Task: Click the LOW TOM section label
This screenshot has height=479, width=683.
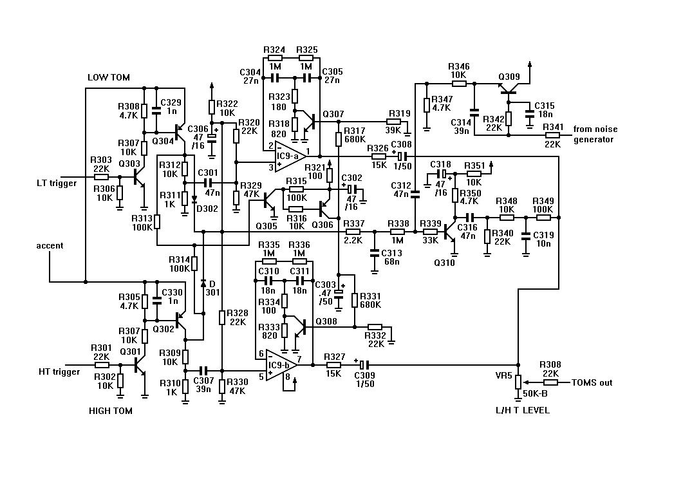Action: click(x=108, y=77)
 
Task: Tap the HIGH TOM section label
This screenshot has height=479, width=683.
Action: click(x=110, y=411)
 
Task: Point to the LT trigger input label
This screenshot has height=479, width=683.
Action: click(x=57, y=183)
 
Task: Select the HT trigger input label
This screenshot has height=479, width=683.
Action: click(x=59, y=371)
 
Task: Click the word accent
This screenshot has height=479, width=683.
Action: click(x=50, y=245)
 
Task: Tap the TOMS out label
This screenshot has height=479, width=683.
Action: click(x=592, y=383)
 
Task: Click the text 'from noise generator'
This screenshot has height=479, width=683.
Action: click(x=595, y=134)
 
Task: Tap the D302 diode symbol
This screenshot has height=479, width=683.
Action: click(x=194, y=199)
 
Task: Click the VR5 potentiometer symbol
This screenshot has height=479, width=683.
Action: click(x=518, y=382)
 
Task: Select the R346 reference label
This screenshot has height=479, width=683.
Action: click(x=459, y=66)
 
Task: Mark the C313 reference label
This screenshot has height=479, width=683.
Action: click(x=391, y=253)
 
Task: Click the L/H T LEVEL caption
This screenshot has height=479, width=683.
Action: click(x=522, y=409)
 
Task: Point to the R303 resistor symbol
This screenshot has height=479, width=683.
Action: click(x=101, y=177)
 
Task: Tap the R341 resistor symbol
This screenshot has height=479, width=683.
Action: click(x=552, y=135)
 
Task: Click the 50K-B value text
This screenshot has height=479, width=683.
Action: click(x=535, y=393)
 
